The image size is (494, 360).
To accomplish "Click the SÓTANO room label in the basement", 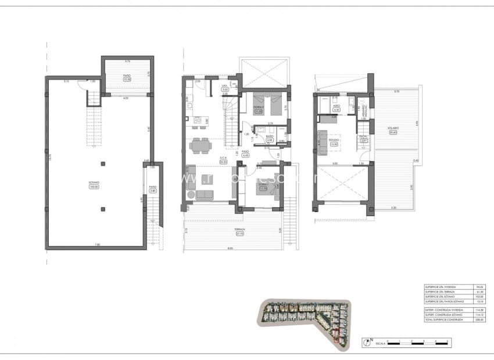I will [94, 182].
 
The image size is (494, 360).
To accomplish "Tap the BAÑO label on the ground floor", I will [269, 137].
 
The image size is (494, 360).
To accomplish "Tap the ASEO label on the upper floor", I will [336, 106].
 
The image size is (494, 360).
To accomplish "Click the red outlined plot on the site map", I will [337, 335].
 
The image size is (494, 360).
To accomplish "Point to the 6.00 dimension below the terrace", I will [230, 249].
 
